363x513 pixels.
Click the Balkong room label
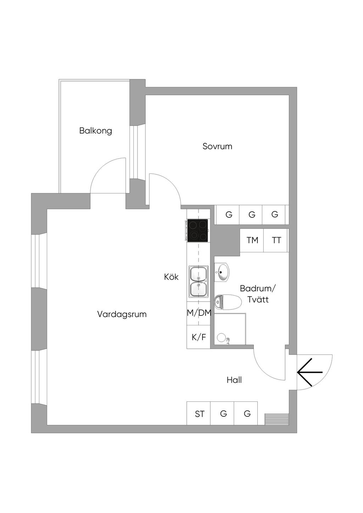96,131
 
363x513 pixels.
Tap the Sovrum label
217,146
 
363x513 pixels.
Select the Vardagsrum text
122,314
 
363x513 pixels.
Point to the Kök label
171,277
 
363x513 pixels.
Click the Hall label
234,380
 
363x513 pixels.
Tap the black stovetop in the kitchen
198,230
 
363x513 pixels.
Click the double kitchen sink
199,281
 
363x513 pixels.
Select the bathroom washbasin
222,272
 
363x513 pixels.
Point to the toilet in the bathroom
228,302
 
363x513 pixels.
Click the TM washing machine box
252,240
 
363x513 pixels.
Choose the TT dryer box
276,240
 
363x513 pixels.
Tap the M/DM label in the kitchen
199,313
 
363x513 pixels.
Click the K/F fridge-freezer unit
199,337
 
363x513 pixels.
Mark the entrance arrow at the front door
310,372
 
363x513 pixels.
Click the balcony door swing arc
101,168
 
